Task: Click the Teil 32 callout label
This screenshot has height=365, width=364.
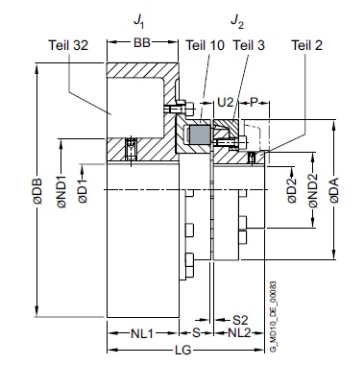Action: pos(68,45)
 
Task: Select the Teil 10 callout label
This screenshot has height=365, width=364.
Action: pos(206,45)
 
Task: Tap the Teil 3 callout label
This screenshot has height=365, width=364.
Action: pos(249,45)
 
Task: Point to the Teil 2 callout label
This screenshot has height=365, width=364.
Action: pos(306,45)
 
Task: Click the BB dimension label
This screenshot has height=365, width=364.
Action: pos(142,42)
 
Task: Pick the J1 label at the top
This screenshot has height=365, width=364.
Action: pos(138,22)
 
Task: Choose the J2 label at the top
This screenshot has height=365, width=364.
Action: pos(237,22)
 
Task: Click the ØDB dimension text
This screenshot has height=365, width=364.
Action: pos(37,191)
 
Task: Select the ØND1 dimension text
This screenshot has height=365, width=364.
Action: pos(61,191)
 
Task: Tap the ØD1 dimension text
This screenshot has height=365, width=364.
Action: pos(83,191)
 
